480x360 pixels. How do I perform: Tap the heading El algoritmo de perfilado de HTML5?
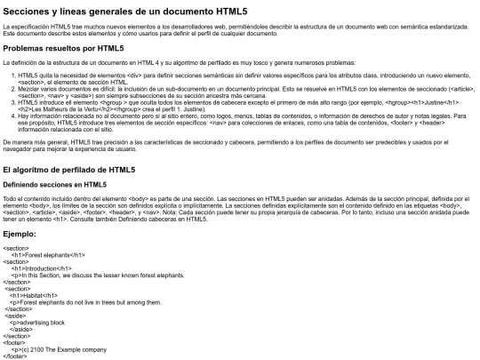[x=69, y=169]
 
